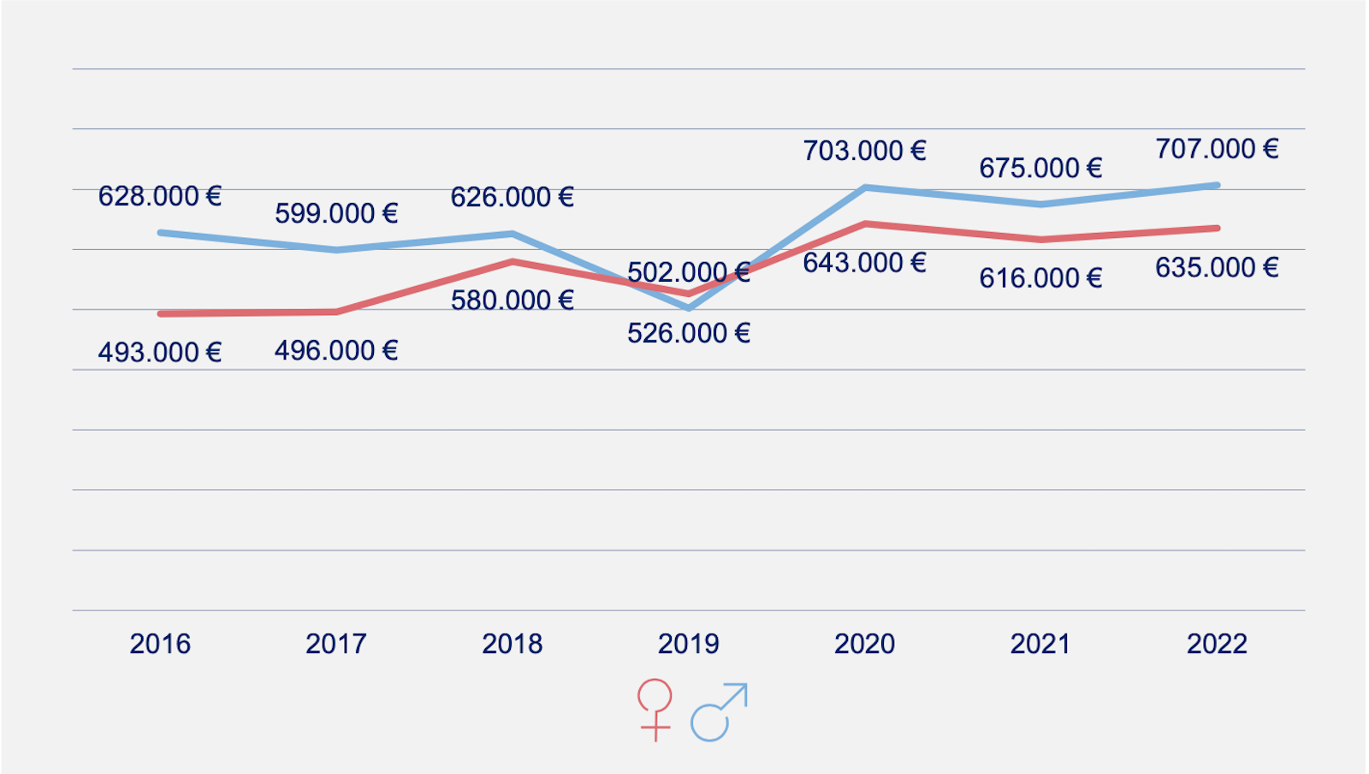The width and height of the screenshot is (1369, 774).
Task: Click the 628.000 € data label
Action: click(x=160, y=196)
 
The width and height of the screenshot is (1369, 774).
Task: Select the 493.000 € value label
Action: click(x=160, y=352)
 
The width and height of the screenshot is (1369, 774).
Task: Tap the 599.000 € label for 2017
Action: click(x=336, y=213)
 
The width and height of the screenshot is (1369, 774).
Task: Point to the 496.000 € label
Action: click(x=336, y=350)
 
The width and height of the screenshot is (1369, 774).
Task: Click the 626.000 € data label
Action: click(x=513, y=197)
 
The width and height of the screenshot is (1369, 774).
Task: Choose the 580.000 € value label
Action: click(x=513, y=301)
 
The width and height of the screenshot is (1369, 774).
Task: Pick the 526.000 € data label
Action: click(x=689, y=333)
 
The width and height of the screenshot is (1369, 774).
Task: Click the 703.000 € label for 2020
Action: click(x=865, y=151)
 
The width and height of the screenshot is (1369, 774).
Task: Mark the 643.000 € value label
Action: click(x=865, y=263)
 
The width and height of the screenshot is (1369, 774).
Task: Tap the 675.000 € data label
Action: click(x=1041, y=168)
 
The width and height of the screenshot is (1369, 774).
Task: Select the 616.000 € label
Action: click(x=1041, y=278)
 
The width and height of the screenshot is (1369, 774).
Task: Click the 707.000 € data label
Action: click(x=1218, y=149)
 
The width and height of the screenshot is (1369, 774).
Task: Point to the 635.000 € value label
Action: click(x=1218, y=268)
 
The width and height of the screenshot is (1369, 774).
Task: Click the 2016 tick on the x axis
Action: click(x=160, y=644)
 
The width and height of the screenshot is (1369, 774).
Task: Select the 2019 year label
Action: click(x=689, y=644)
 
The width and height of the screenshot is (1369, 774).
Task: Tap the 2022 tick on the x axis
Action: click(x=1218, y=644)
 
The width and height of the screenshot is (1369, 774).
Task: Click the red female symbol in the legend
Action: click(x=655, y=709)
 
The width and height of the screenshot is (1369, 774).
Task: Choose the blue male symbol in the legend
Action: click(x=719, y=711)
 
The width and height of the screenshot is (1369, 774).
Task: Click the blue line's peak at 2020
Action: click(x=865, y=187)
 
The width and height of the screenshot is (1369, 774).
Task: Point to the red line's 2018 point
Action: click(x=513, y=261)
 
